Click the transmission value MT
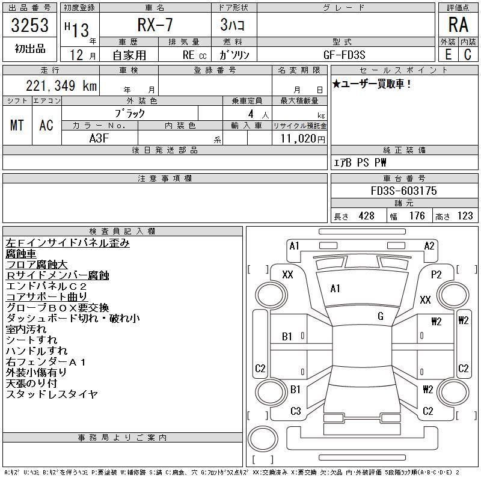(17, 125)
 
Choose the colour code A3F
(99, 138)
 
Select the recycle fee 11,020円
(299, 138)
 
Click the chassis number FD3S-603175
(404, 191)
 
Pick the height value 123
(464, 216)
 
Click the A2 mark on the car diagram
(429, 245)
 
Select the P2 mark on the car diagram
(437, 275)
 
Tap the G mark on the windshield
(380, 316)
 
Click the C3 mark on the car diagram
(295, 411)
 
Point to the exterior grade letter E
(448, 55)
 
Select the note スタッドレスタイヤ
(52, 394)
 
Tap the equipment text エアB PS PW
(360, 162)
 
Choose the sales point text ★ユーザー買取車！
(372, 84)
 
